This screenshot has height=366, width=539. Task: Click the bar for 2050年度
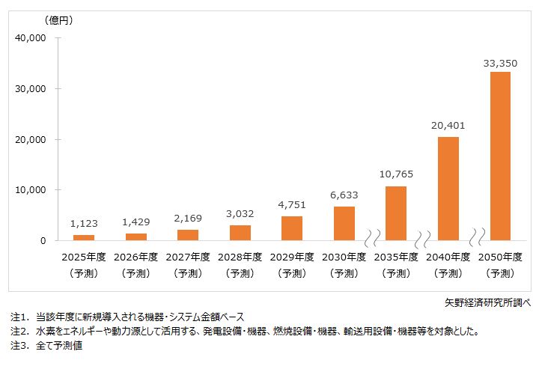click(500, 156)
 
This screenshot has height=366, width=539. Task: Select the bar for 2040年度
click(448, 189)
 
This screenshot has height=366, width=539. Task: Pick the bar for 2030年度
click(344, 224)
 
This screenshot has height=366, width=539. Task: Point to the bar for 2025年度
click(84, 237)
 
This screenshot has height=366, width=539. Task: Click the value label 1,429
click(135, 223)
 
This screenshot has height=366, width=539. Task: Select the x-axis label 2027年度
click(188, 257)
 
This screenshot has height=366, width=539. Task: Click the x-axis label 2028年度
click(240, 257)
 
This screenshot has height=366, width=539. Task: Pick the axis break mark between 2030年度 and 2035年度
click(370, 240)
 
